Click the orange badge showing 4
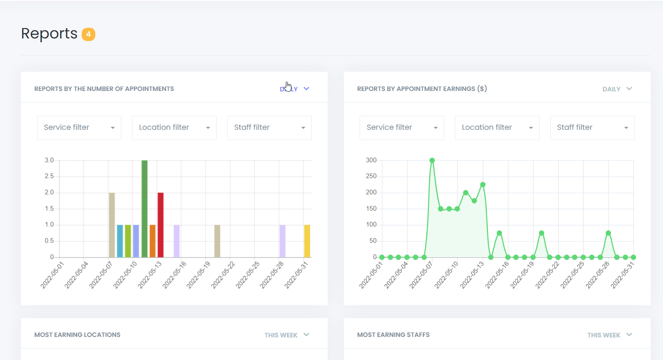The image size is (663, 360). pos(88,34)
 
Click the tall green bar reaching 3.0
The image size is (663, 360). pos(144,209)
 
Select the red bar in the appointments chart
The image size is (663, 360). pos(161,225)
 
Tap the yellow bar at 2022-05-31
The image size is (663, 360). pos(307,241)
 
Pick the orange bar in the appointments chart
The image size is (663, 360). pos(153,241)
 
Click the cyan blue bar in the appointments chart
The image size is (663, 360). pos(120,241)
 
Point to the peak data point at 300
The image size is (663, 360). pos(432,161)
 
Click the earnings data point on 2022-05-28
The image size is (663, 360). pos(608,233)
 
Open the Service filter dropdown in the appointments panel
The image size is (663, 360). pos(79,128)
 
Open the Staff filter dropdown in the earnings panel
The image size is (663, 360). pos(592,128)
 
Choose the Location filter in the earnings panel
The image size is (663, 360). pos(497,128)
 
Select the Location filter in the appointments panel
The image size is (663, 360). pos(174,128)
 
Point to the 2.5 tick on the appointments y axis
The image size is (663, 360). pos(49,176)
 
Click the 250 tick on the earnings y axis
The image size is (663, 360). pos(371,176)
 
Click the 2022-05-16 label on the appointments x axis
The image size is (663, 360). pos(174,275)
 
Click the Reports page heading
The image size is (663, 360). pos(49,33)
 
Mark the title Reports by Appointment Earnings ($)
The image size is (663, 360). pos(422,89)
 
